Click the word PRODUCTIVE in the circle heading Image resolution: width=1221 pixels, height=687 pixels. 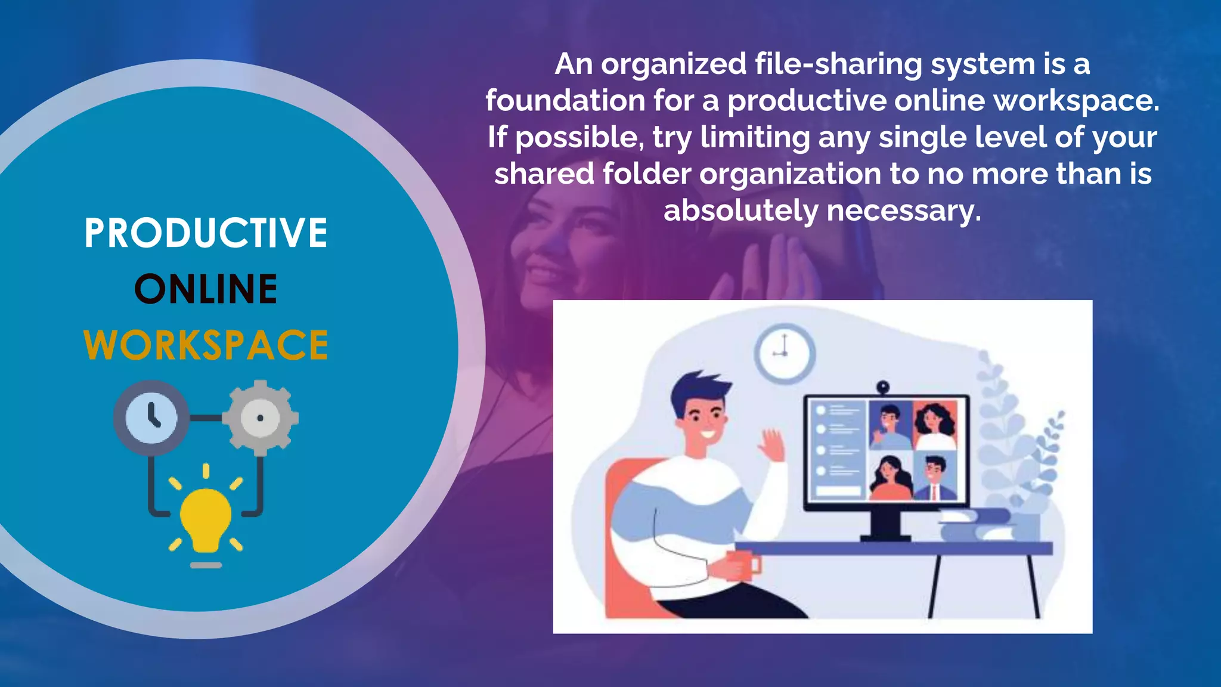(x=206, y=233)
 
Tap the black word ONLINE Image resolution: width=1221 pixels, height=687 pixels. (x=206, y=289)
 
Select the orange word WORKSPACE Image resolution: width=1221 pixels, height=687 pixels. (x=206, y=345)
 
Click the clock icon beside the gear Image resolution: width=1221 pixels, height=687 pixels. (x=151, y=417)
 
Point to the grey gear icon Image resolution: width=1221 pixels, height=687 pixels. (x=261, y=417)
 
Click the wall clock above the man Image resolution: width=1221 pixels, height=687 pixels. (x=785, y=354)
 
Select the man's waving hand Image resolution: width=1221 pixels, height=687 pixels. (x=773, y=445)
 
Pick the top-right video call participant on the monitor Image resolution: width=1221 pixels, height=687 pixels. (x=935, y=425)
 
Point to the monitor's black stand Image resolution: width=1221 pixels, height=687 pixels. (x=885, y=525)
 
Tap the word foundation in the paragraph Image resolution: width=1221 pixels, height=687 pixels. (x=565, y=101)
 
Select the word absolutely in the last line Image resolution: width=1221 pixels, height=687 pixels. (x=741, y=211)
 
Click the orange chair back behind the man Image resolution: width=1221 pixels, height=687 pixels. (x=620, y=537)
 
